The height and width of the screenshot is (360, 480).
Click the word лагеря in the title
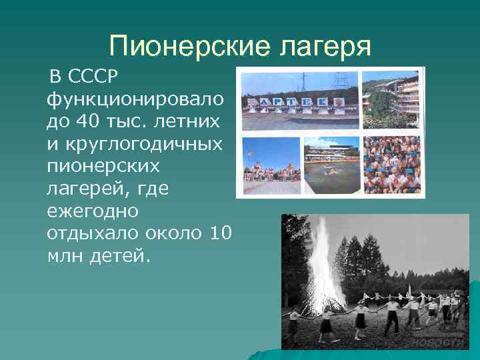coord(317,47)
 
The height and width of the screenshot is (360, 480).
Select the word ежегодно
coord(93,211)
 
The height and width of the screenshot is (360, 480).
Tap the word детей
coord(119,255)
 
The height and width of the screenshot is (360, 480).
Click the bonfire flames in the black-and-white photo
coord(323,267)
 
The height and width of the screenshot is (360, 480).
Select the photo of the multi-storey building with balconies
coord(391,100)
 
